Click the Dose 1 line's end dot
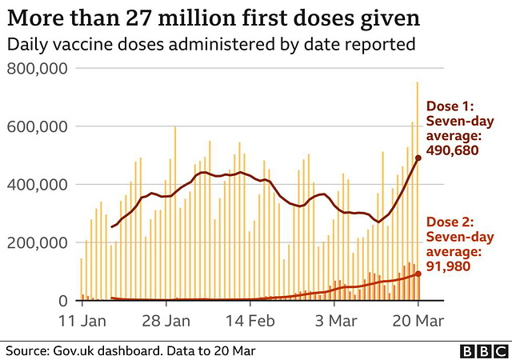[418, 158]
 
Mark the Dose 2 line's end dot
[418, 274]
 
